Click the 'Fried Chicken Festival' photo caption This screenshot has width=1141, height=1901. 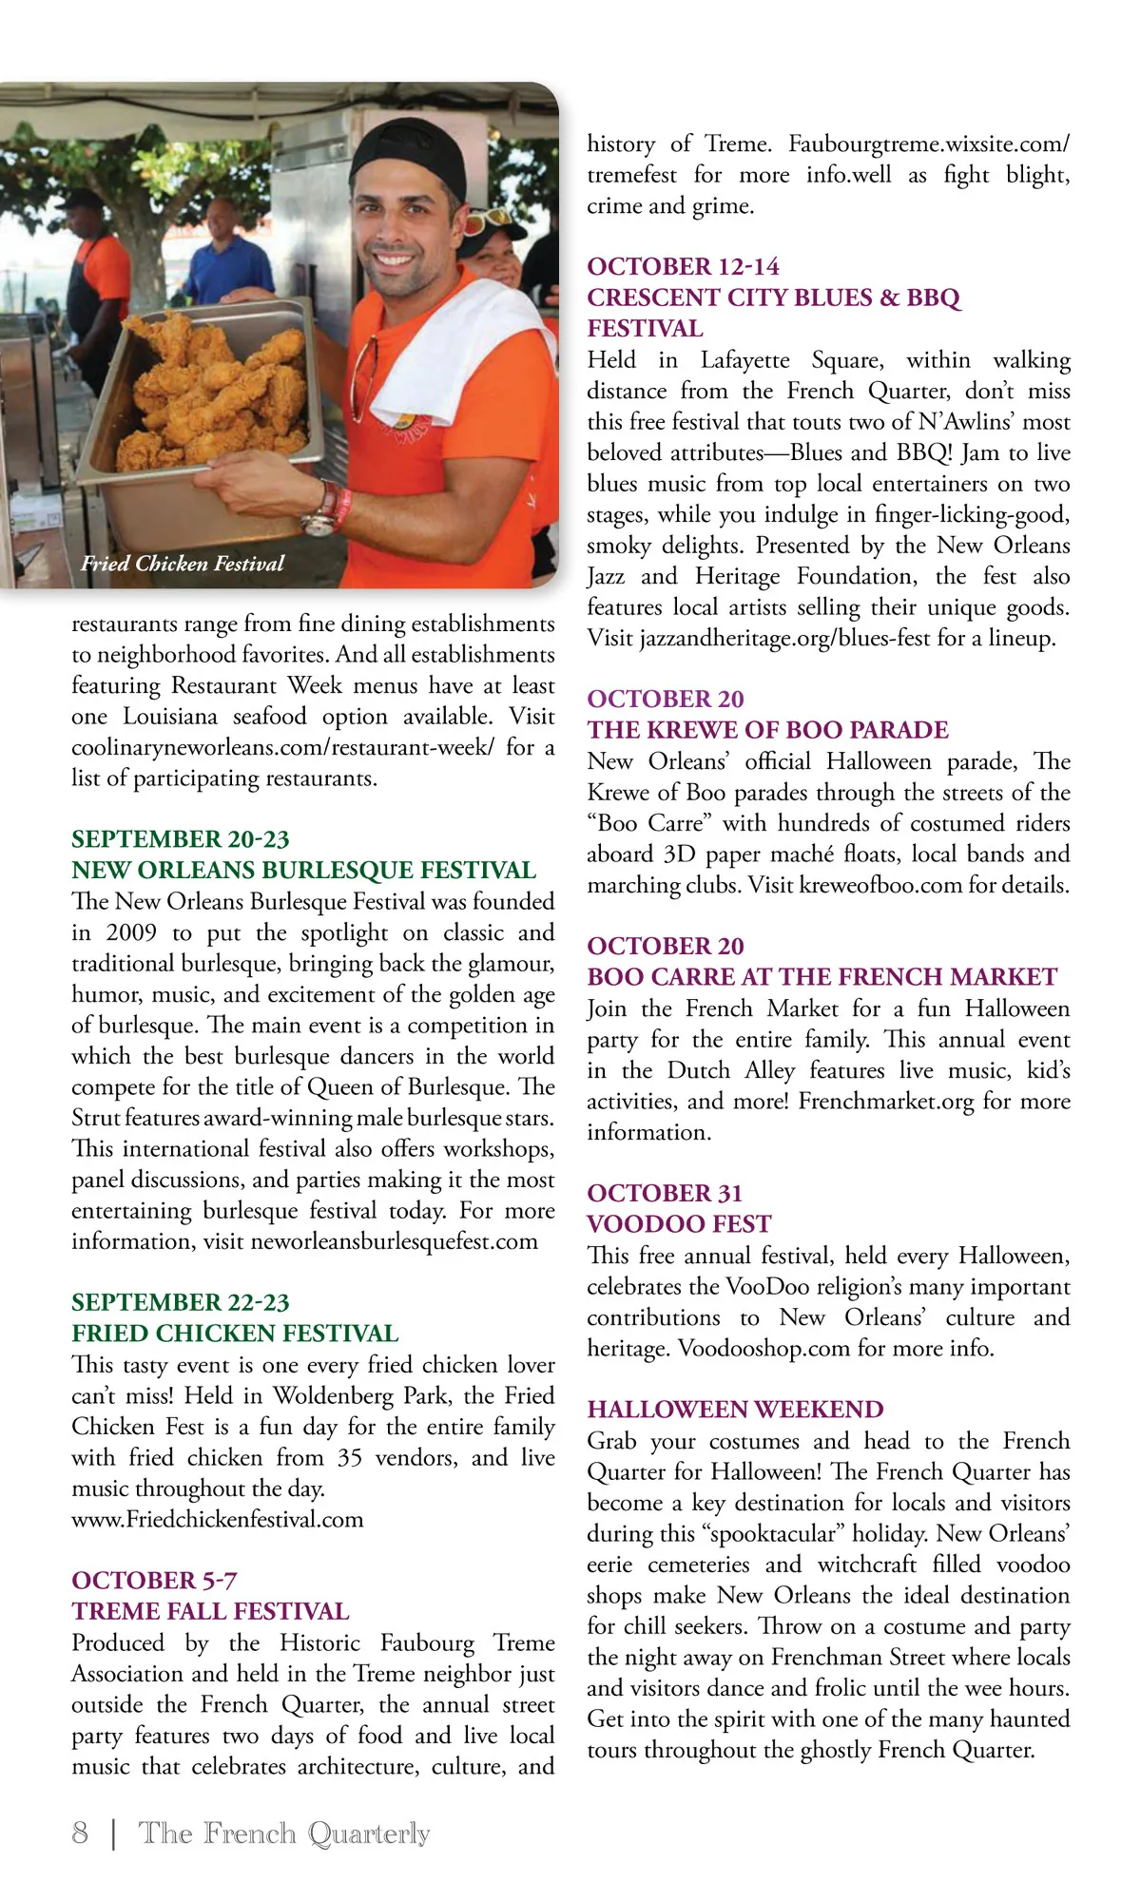point(183,564)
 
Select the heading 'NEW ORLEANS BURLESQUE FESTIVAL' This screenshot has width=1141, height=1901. point(303,871)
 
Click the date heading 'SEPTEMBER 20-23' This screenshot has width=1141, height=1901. point(180,839)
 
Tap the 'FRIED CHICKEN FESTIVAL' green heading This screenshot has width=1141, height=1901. point(235,1334)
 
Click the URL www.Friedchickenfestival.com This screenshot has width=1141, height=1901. point(217,1519)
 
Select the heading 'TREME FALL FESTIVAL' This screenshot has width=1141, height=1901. point(210,1611)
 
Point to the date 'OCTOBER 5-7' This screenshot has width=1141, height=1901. point(154,1581)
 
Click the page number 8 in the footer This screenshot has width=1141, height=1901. point(80,1833)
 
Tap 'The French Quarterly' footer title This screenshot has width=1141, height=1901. point(284,1833)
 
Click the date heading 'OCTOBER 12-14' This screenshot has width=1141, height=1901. point(683,267)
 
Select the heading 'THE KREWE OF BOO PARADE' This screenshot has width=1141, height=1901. point(767,730)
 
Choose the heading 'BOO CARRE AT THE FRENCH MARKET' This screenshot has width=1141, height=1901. point(822,977)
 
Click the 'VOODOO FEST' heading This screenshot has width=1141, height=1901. point(679,1224)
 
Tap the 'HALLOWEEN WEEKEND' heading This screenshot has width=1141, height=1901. point(735,1410)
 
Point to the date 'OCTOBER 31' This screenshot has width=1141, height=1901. point(665,1194)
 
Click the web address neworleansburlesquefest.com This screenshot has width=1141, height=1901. point(394,1241)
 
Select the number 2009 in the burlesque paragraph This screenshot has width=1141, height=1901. point(131,932)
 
